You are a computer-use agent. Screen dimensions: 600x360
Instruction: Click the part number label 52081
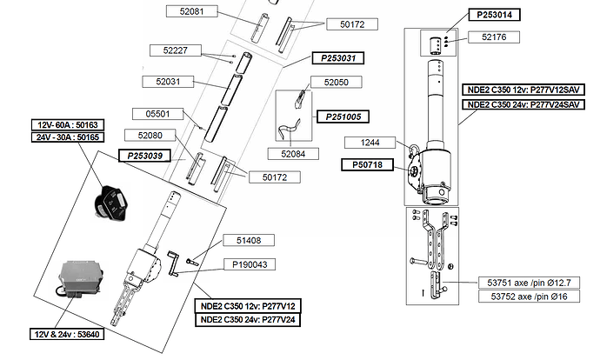point(191,11)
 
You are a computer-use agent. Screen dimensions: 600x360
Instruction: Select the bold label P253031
point(338,58)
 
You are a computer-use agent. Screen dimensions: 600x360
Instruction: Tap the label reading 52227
point(176,50)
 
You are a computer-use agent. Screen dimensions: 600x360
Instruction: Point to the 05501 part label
point(157,114)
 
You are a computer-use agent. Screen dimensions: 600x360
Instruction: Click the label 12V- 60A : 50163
point(68,125)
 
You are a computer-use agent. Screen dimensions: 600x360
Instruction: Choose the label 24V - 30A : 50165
point(68,137)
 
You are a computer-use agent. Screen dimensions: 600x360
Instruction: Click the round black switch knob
point(110,203)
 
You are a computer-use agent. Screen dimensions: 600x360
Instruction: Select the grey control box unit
point(81,278)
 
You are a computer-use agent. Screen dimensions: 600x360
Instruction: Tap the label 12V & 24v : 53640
point(67,334)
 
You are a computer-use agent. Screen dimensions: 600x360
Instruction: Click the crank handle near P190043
point(173,263)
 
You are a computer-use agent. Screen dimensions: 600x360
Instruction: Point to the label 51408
point(249,240)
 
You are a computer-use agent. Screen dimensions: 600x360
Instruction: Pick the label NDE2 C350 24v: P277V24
point(248,319)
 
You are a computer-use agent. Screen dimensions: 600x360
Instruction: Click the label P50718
point(367,165)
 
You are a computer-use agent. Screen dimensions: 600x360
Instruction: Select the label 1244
point(370,143)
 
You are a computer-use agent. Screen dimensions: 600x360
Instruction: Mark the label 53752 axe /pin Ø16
point(530,297)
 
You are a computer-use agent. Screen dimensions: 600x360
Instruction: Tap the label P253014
point(495,15)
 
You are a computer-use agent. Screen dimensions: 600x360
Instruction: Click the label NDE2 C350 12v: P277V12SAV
point(523,90)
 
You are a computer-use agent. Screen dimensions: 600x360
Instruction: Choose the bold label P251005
point(343,117)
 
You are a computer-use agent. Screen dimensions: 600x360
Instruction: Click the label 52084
point(293,154)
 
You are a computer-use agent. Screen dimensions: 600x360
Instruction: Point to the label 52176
point(494,37)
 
